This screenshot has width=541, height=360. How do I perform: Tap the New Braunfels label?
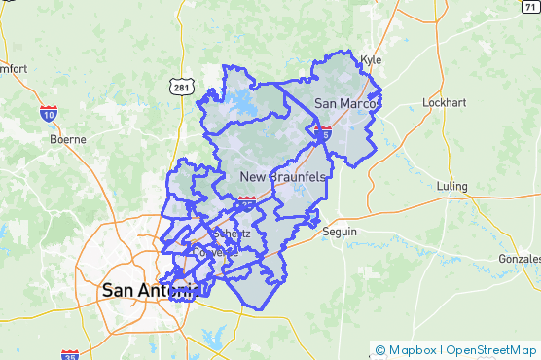pos(283,177)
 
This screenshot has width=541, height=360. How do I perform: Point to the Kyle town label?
pos(371,59)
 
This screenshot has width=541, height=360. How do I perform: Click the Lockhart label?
pos(447,103)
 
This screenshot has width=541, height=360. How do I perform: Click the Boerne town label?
pos(68,139)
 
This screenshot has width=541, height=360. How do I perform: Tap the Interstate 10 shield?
pos(48,114)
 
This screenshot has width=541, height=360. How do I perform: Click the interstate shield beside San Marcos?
pos(322,130)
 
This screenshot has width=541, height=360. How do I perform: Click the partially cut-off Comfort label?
pos(14,69)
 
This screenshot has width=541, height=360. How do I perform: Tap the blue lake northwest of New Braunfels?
pos(241,101)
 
